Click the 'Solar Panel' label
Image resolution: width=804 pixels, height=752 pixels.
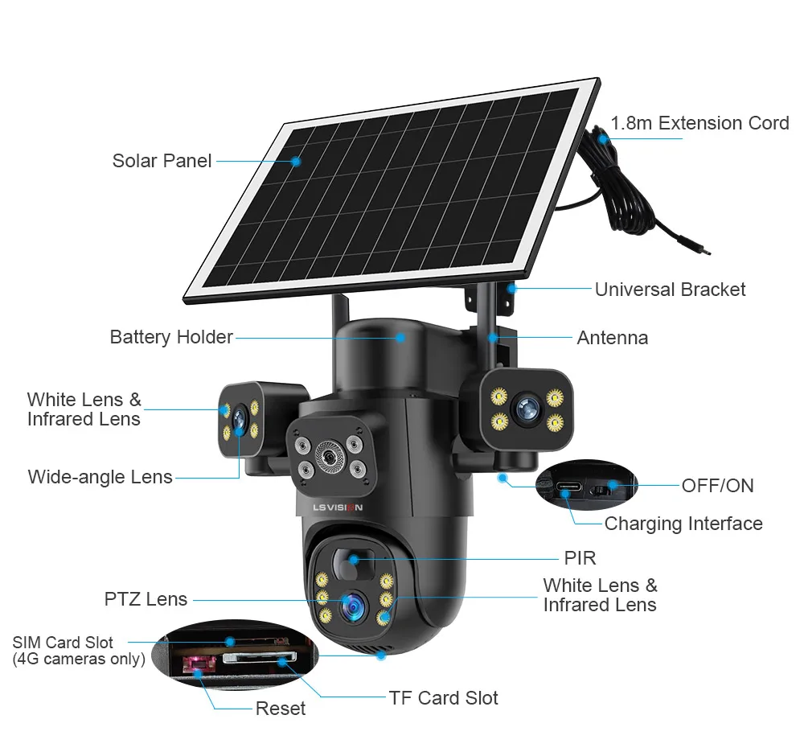coord(162,160)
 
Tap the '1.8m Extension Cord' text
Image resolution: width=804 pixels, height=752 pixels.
coord(699,123)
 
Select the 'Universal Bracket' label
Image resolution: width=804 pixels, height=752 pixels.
coord(670,290)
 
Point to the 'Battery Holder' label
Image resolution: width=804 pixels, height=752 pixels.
coord(171,337)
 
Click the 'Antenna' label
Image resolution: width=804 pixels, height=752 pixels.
coord(612,338)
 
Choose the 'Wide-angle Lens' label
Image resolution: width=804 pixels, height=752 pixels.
coord(100,477)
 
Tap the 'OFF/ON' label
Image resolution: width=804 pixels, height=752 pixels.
coord(717,485)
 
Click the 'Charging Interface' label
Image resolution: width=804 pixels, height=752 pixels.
coord(683,524)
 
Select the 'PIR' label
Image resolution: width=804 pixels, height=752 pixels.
coord(580,557)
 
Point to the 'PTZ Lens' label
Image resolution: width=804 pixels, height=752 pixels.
coord(146,599)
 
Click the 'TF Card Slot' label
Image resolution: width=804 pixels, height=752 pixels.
coord(443,697)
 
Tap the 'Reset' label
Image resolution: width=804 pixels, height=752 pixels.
coord(280,709)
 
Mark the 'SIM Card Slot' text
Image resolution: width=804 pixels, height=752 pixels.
coord(63,643)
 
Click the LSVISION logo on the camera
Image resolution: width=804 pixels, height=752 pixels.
coord(338,507)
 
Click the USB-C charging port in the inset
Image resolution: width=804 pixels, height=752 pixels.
coord(567,488)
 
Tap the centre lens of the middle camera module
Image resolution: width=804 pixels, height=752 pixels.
coord(328,456)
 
